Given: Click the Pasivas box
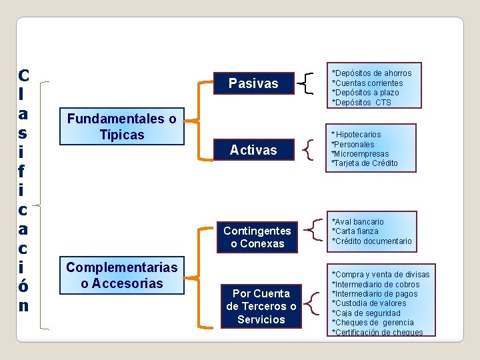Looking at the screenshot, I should point(253,84).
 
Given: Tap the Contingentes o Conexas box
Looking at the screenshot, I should point(257,237).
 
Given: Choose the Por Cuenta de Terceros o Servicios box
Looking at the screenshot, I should point(261,307).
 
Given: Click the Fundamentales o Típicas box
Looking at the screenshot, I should point(121,127).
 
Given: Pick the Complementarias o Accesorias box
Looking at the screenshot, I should point(121,275).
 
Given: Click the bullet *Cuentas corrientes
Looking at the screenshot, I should point(367,83).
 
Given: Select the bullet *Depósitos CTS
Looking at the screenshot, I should point(361,103).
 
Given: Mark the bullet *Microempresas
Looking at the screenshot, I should point(360,154).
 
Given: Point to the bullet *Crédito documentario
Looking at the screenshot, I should point(371,241).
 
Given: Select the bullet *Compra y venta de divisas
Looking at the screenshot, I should point(380,275).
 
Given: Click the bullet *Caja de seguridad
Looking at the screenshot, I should point(366,313).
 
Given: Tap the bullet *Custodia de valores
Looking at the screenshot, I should point(369,303).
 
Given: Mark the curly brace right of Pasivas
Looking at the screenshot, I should point(307,83).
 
